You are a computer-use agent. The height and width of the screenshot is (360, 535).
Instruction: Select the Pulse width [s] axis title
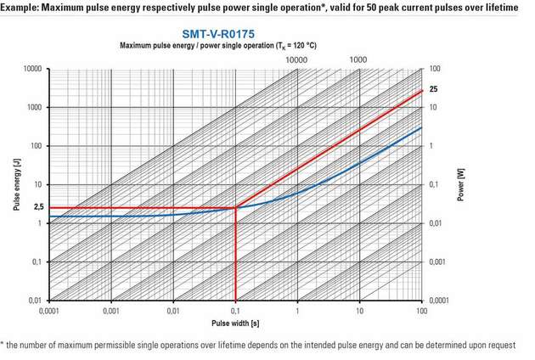click(x=235, y=323)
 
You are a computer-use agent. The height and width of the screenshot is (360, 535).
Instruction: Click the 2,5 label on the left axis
click(x=38, y=207)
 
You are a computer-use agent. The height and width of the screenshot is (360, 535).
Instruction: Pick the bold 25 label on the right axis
click(x=433, y=90)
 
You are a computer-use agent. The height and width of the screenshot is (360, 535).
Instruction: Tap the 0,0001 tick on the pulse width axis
click(x=50, y=311)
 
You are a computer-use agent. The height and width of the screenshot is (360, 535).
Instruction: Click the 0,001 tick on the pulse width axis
click(x=112, y=311)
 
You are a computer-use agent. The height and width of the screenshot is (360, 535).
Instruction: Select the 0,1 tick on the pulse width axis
click(x=235, y=311)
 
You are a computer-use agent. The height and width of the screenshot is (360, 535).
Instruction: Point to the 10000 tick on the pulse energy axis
click(x=33, y=69)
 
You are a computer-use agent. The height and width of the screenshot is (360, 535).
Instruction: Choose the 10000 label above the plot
click(x=296, y=59)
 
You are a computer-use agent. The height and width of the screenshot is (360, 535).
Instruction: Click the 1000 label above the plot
click(x=358, y=59)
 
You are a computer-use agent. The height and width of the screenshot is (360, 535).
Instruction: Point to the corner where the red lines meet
click(x=235, y=207)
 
